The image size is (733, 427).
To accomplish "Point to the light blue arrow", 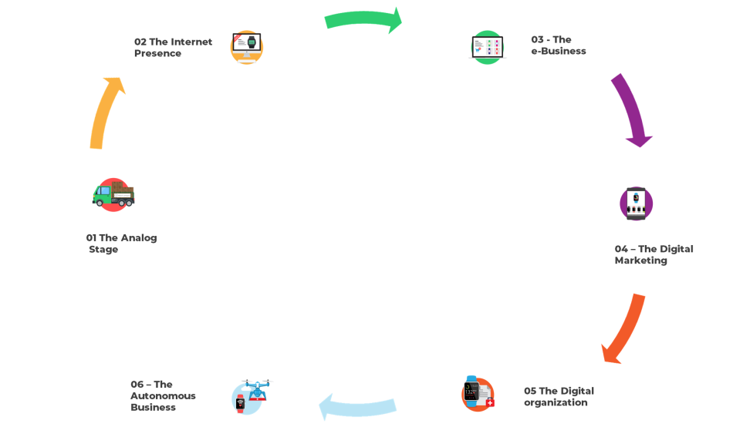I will click(358, 407).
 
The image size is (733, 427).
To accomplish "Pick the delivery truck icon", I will click(113, 194).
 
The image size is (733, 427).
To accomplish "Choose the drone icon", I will click(252, 395).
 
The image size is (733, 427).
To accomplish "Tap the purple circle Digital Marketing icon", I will click(636, 203).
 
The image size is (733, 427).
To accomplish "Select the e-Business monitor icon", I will click(488, 47).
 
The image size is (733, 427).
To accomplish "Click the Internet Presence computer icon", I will click(247, 47).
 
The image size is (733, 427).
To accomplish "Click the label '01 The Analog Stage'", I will click(121, 244).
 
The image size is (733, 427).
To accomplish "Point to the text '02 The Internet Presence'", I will click(173, 47).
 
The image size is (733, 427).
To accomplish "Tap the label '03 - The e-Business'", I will click(558, 45).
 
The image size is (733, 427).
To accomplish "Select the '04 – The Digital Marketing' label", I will click(654, 254).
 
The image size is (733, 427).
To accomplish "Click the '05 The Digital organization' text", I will click(559, 396).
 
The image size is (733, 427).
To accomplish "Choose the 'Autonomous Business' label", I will click(163, 395).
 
